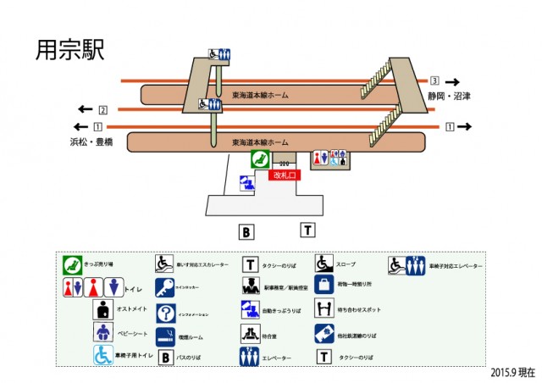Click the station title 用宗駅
coord(69,49)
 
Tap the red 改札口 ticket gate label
coord(284,175)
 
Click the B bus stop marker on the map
coord(246,231)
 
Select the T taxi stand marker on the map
coord(307,230)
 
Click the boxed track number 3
coord(434,80)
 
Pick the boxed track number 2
coord(102,110)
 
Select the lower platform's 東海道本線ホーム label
coord(260,142)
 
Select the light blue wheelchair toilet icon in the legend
coord(103,354)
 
